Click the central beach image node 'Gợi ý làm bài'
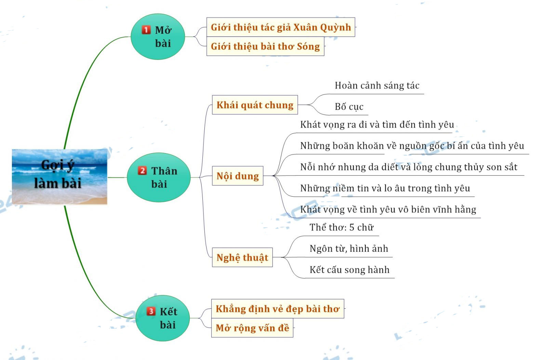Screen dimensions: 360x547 pyautogui.click(x=59, y=176)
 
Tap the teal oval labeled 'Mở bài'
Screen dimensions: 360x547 pyautogui.click(x=158, y=37)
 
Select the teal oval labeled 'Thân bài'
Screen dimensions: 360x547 pyautogui.click(x=159, y=177)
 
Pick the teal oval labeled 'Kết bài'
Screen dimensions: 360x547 pyautogui.click(x=163, y=318)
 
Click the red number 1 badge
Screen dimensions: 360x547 pyautogui.click(x=146, y=30)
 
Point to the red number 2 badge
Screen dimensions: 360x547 pyautogui.click(x=142, y=171)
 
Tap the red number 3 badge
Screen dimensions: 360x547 pyautogui.click(x=151, y=311)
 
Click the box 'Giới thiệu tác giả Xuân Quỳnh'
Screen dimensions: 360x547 pyautogui.click(x=281, y=27)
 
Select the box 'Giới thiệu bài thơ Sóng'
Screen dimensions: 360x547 pyautogui.click(x=265, y=46)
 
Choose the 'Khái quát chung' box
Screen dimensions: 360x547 pyautogui.click(x=255, y=105)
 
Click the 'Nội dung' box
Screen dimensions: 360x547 pyautogui.click(x=238, y=176)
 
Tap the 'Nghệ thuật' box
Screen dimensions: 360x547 pyautogui.click(x=242, y=257)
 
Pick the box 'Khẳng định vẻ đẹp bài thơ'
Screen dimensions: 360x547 pyautogui.click(x=277, y=309)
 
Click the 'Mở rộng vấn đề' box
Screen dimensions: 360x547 pyautogui.click(x=252, y=328)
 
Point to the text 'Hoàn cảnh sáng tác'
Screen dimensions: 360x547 pyautogui.click(x=377, y=85)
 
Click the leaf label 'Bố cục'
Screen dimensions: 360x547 pyautogui.click(x=349, y=107)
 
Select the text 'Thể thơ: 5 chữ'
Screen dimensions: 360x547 pyautogui.click(x=342, y=227)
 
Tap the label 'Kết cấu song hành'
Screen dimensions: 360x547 pyautogui.click(x=349, y=270)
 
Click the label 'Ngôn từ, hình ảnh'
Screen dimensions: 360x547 pyautogui.click(x=349, y=249)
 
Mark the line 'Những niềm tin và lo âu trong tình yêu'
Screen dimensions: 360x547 pyautogui.click(x=385, y=188)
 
